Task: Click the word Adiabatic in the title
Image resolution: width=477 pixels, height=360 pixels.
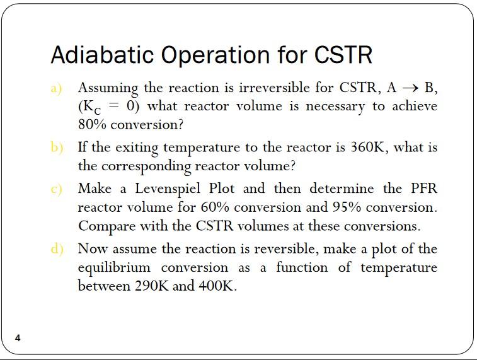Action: click(x=102, y=55)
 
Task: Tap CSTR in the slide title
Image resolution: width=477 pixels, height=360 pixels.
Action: click(x=342, y=55)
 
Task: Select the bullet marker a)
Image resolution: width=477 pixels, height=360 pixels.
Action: click(x=57, y=88)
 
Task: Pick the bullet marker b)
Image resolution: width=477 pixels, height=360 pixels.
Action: click(x=57, y=148)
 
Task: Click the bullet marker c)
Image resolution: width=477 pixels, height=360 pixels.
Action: click(x=57, y=189)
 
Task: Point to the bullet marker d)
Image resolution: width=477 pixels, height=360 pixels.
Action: click(x=57, y=248)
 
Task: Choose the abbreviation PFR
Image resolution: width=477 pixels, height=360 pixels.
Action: click(x=423, y=189)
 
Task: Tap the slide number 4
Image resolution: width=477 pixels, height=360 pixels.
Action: click(x=18, y=338)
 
